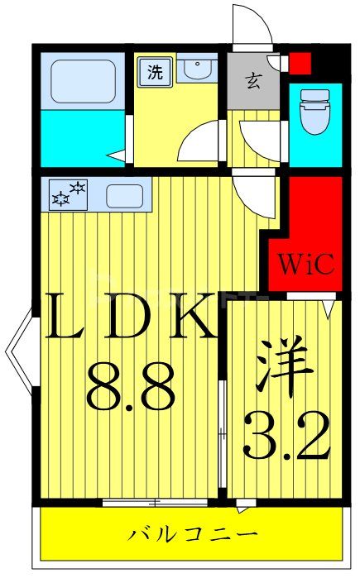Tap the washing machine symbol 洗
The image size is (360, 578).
pos(156,71)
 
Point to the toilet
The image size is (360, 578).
pos(314,112)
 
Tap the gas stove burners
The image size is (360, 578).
pos(69,194)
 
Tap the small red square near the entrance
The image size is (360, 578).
pos(300,61)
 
